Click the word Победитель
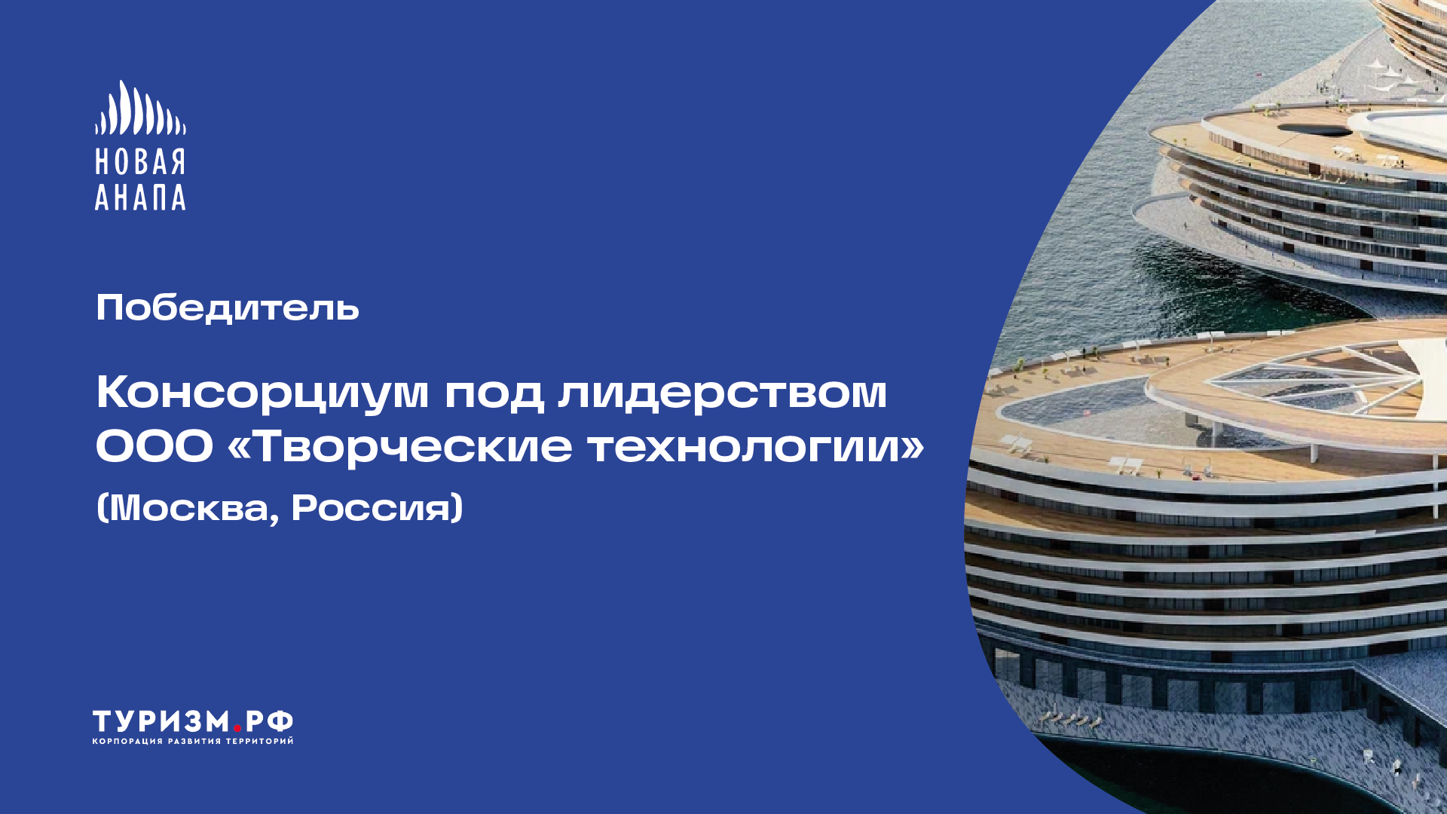pyautogui.click(x=228, y=308)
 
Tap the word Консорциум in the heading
pyautogui.click(x=262, y=393)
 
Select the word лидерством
pyautogui.click(x=722, y=393)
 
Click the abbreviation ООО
pyautogui.click(x=154, y=445)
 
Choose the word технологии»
pyautogui.click(x=756, y=445)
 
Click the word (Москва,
pyautogui.click(x=188, y=507)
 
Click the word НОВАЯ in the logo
pyautogui.click(x=140, y=162)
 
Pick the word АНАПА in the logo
pyautogui.click(x=140, y=197)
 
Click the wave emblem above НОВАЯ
pyautogui.click(x=140, y=109)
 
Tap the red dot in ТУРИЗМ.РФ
pyautogui.click(x=237, y=728)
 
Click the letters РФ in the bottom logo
pyautogui.click(x=268, y=721)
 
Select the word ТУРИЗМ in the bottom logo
pyautogui.click(x=161, y=721)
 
